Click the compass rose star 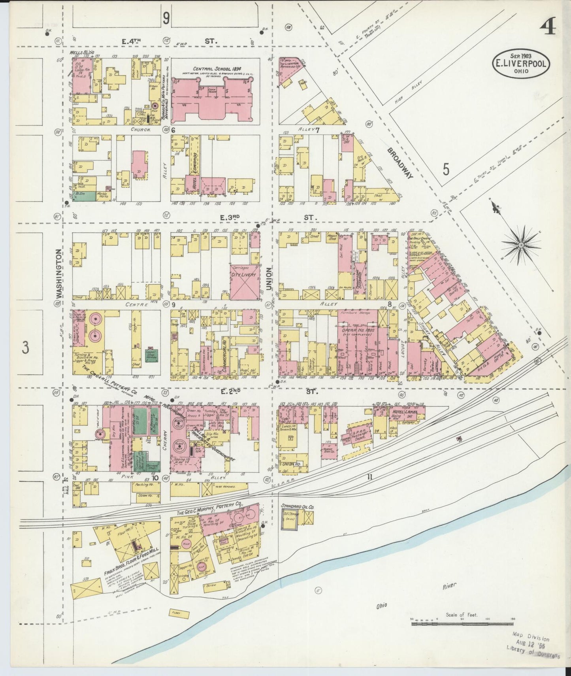(521, 245)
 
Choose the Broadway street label (399, 163)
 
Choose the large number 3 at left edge (26, 347)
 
